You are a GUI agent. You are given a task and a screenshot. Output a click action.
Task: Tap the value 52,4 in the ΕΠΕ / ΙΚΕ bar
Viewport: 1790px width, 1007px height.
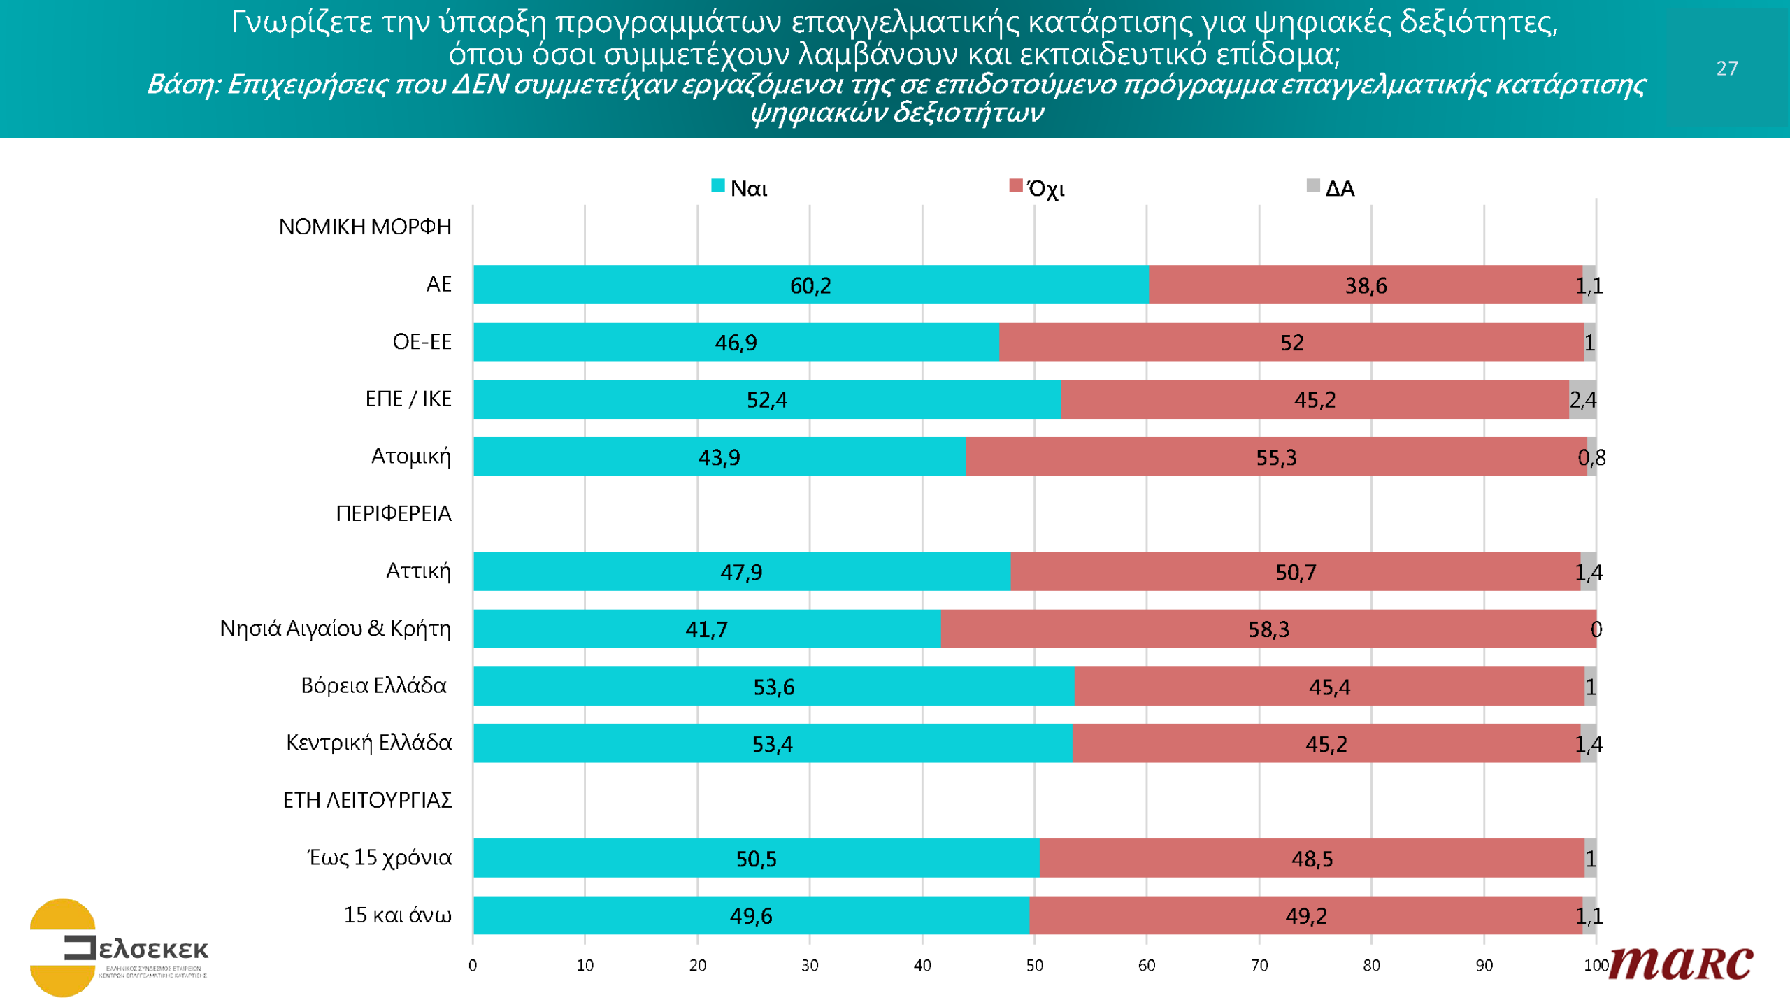[766, 400]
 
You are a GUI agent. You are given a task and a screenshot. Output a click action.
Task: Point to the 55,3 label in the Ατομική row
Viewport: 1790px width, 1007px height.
[1276, 458]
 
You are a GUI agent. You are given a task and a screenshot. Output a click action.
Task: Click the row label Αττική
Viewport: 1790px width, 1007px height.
[418, 571]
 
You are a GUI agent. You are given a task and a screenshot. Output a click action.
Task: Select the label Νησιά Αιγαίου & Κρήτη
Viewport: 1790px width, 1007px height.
[335, 629]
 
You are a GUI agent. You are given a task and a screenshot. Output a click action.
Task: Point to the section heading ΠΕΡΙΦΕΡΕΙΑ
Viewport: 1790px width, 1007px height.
[393, 514]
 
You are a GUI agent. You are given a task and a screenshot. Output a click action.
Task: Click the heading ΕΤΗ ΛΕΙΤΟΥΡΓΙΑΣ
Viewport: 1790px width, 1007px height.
[367, 800]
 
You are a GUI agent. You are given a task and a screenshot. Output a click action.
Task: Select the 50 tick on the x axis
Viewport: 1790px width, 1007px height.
[1034, 966]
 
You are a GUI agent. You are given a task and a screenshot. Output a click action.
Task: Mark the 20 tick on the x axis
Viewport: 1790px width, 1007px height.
[697, 966]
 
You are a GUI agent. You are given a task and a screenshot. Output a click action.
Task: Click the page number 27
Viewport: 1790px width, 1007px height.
[1726, 69]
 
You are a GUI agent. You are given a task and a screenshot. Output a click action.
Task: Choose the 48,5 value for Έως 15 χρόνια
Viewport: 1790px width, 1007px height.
[1312, 859]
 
